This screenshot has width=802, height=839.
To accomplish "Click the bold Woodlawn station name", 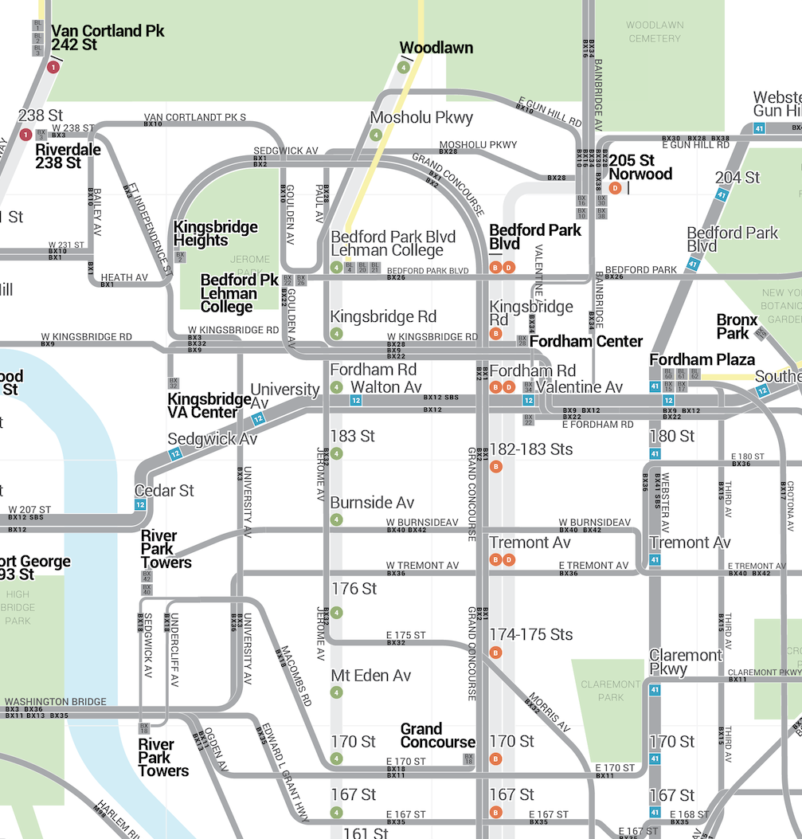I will (436, 48).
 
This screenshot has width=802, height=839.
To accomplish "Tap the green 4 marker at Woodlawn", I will (405, 68).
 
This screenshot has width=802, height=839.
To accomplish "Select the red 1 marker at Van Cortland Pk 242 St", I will (53, 68).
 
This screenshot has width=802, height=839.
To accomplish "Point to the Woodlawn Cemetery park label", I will (654, 32).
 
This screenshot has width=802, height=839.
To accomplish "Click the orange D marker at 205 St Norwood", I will (615, 188).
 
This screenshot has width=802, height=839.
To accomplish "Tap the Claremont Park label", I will (611, 691).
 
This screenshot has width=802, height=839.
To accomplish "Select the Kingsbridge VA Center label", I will (209, 406).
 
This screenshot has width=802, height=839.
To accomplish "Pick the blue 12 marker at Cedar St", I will (141, 504).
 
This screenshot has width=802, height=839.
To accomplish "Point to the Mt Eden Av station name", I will (370, 676).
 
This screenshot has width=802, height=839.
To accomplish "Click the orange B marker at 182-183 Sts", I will (495, 466).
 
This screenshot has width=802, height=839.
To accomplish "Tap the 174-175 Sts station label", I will (530, 634).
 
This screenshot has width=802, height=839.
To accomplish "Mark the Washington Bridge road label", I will (55, 702).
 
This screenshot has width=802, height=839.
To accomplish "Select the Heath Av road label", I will (124, 277).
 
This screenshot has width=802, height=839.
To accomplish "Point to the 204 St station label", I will (737, 177).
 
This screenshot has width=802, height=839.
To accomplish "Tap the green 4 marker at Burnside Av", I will (337, 520).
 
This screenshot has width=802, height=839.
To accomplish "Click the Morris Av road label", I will (549, 713).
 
